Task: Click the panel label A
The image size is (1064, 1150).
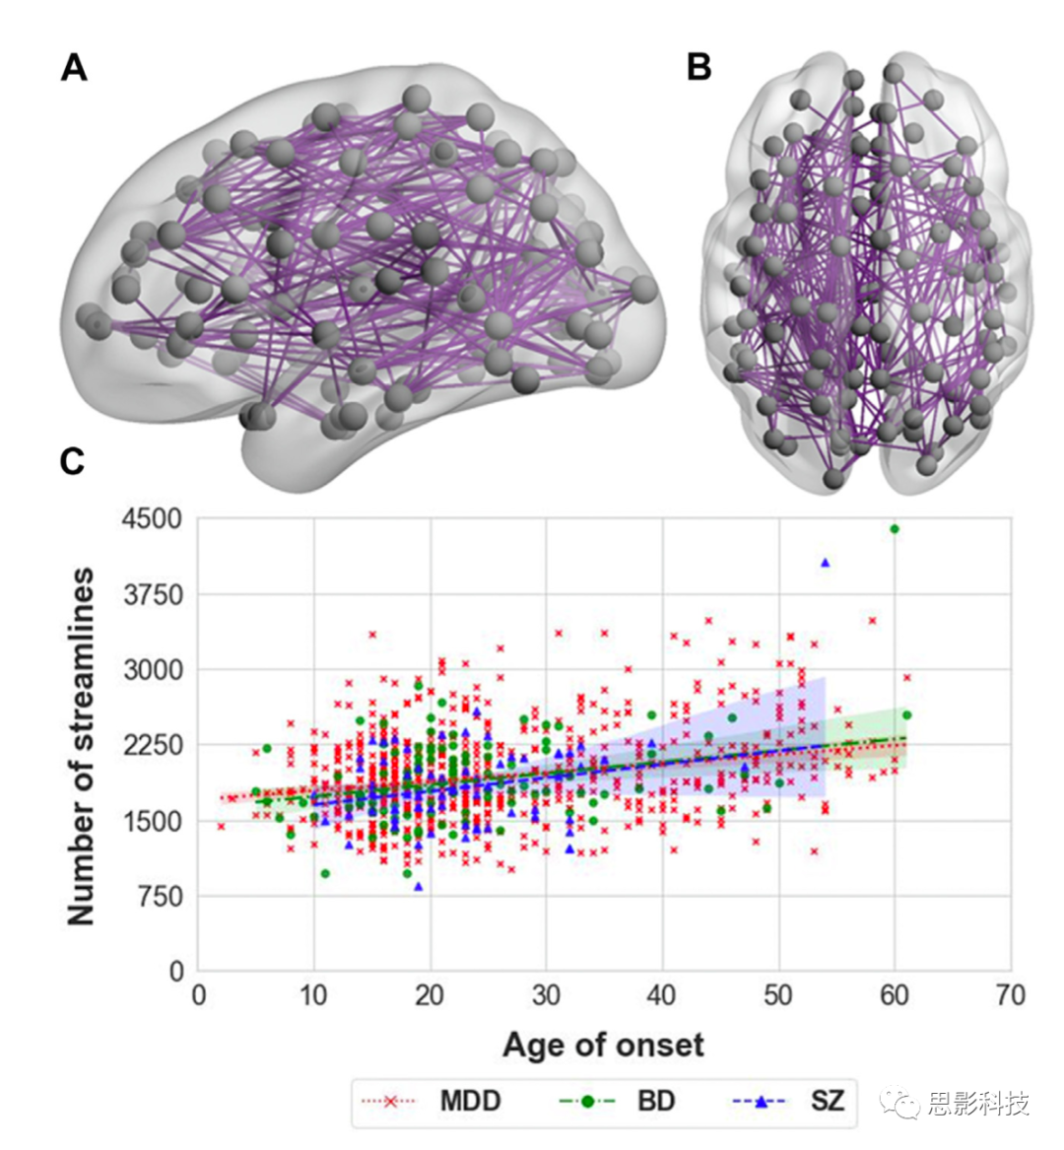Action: (74, 69)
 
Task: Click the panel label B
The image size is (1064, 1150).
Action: (698, 68)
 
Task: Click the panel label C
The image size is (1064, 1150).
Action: (72, 461)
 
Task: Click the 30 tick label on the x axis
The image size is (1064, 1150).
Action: (547, 995)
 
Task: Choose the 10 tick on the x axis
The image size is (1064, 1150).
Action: (314, 995)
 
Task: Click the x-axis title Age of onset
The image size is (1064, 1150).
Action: (603, 1045)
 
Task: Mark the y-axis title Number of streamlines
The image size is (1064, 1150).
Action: (82, 746)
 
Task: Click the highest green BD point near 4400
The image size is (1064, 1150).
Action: (895, 529)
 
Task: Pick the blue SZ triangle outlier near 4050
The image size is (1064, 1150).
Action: (826, 563)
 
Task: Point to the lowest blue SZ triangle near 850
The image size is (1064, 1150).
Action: (418, 887)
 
